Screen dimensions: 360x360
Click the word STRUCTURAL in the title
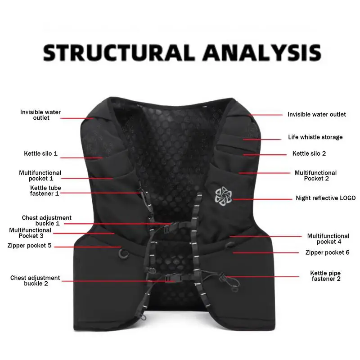[118, 53]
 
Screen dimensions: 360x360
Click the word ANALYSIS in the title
[261, 53]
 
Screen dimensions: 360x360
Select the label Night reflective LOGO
[325, 198]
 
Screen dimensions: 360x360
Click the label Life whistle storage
[315, 137]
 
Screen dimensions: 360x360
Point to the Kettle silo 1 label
[40, 153]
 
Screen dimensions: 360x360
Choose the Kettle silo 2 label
[309, 153]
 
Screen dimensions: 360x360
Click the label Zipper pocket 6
[327, 252]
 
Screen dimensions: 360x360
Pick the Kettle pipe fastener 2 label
[325, 276]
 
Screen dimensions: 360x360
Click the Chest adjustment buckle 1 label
[46, 220]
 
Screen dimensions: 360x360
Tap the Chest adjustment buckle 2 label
[35, 281]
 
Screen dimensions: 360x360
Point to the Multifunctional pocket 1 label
[40, 175]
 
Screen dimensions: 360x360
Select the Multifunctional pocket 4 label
[328, 239]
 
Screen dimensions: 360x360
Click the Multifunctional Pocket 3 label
[30, 233]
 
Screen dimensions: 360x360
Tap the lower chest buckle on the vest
[171, 279]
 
